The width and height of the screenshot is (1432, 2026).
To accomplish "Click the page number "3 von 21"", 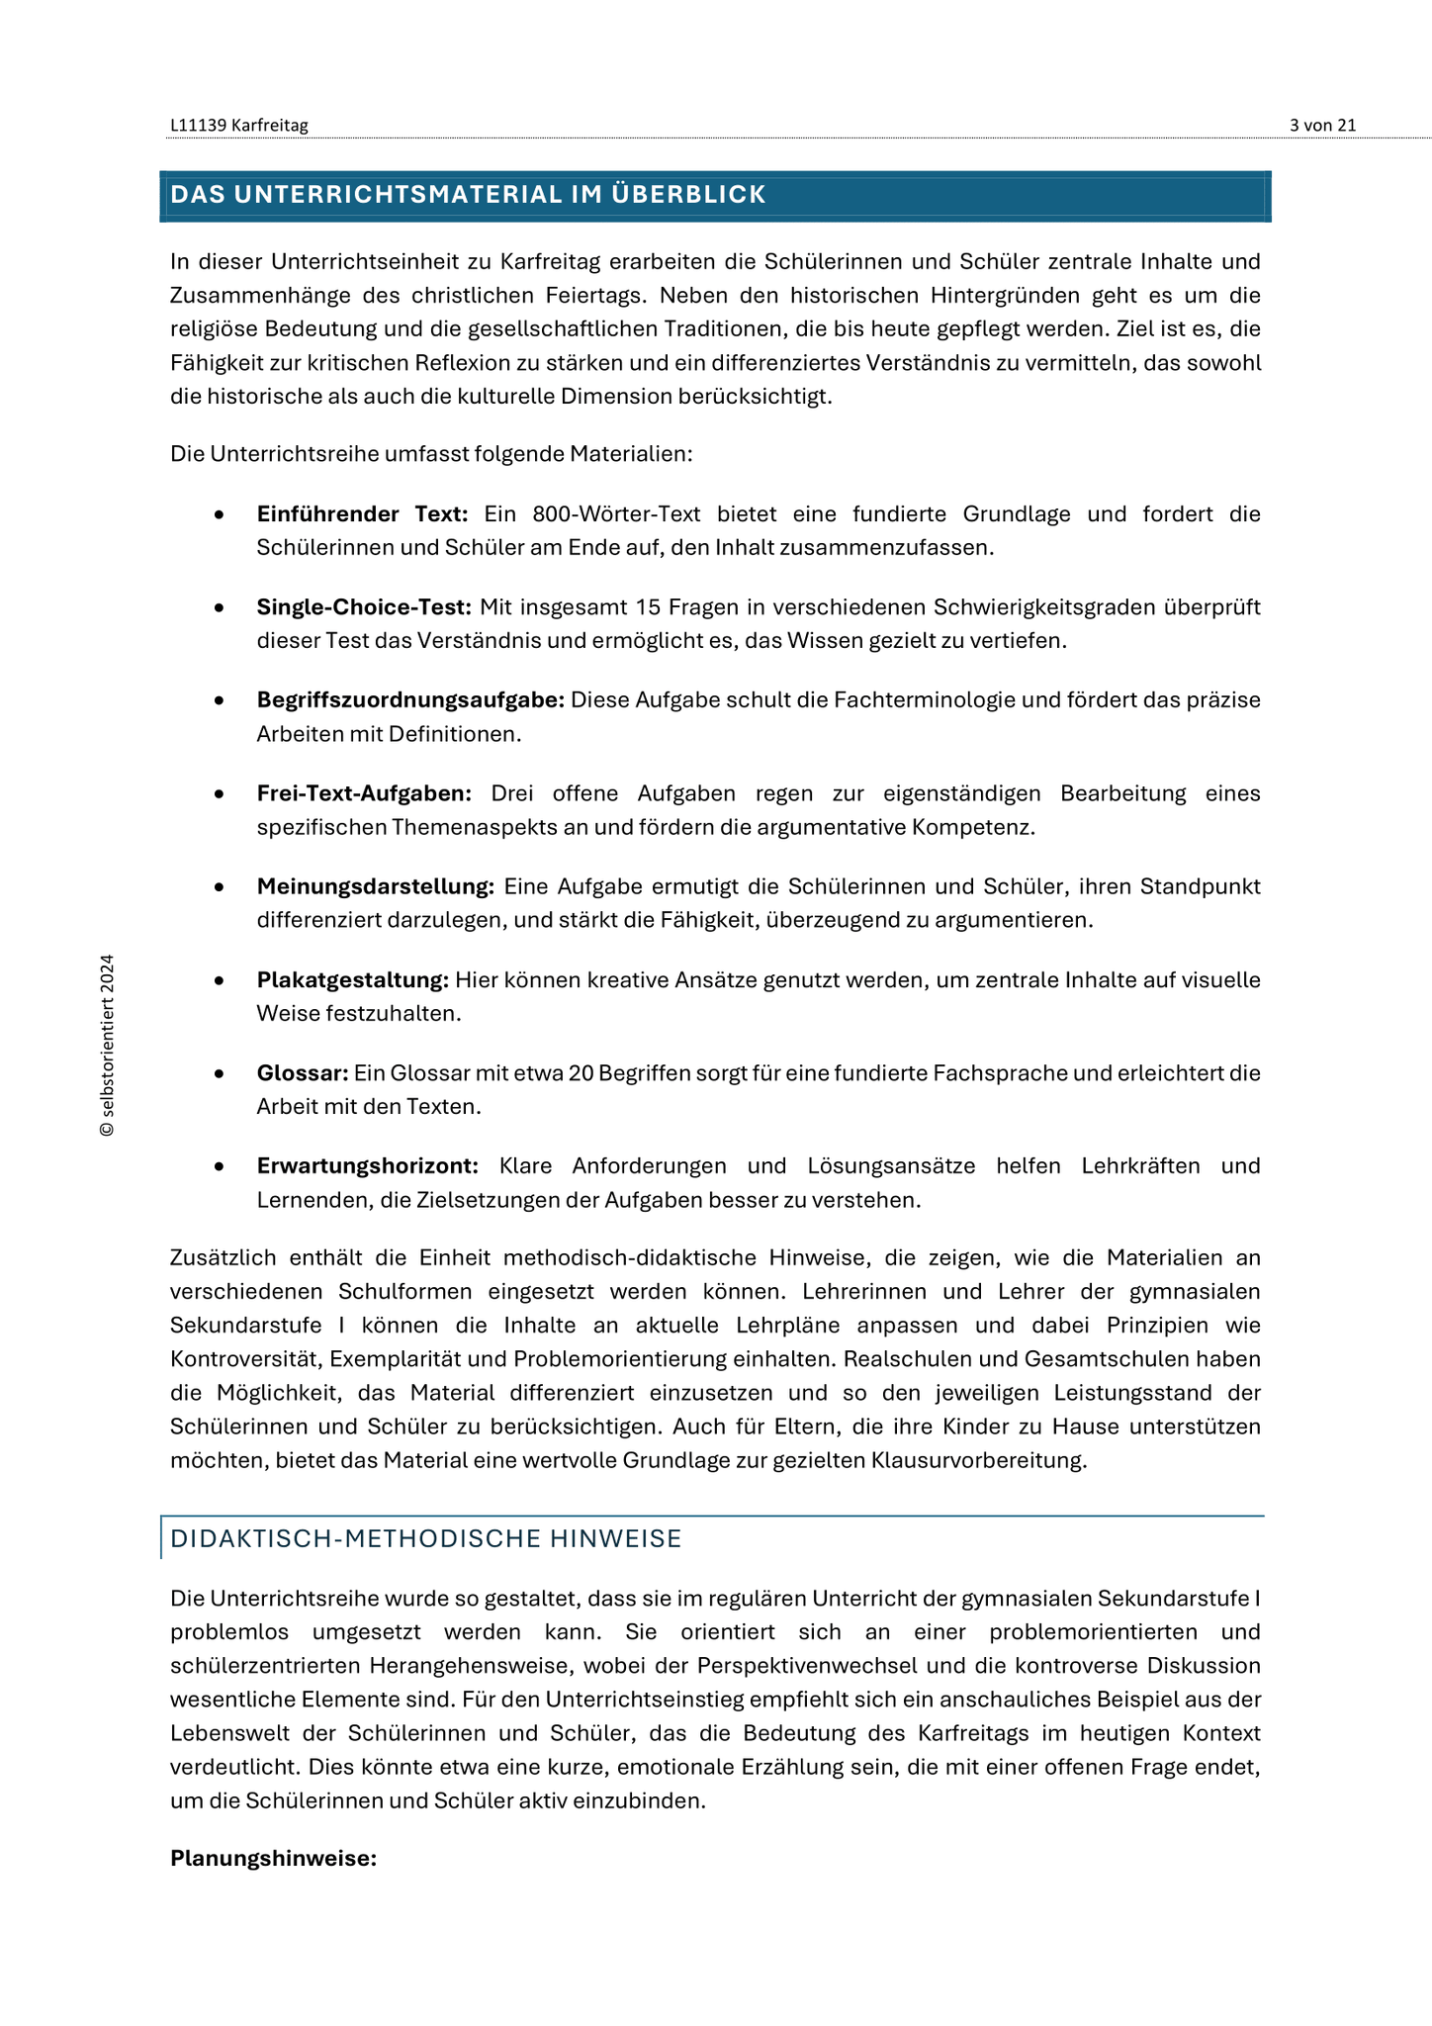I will pos(1322,125).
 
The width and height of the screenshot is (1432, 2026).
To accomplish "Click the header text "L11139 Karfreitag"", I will pos(239,125).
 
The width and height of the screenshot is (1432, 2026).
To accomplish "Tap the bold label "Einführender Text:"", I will pos(362,513).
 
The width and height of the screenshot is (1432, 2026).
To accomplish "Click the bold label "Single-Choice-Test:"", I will pos(364,606).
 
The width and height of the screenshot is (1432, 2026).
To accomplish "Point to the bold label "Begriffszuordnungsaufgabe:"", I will pos(410,699).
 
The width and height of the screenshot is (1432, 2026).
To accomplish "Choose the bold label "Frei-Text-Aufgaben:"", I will pos(364,793).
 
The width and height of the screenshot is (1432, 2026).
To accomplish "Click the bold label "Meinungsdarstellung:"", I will pos(375,886).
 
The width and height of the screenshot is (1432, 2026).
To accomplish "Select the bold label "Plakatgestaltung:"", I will pos(353,979).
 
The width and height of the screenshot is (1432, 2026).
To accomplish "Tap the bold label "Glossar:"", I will pos(303,1073).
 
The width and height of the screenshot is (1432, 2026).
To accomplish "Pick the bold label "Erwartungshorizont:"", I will pos(368,1166).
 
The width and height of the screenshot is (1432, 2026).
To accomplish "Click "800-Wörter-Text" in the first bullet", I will pos(616,513).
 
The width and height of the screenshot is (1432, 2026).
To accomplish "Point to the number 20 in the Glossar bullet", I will pos(581,1073).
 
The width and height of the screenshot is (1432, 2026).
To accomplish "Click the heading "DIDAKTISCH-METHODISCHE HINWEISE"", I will pos(426,1538).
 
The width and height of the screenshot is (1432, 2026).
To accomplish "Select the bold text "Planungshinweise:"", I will pos(274,1858).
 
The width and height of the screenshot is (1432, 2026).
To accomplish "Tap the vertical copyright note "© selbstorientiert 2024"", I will pos(108,1046).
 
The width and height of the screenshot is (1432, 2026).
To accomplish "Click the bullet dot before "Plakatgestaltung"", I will pos(219,980).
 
